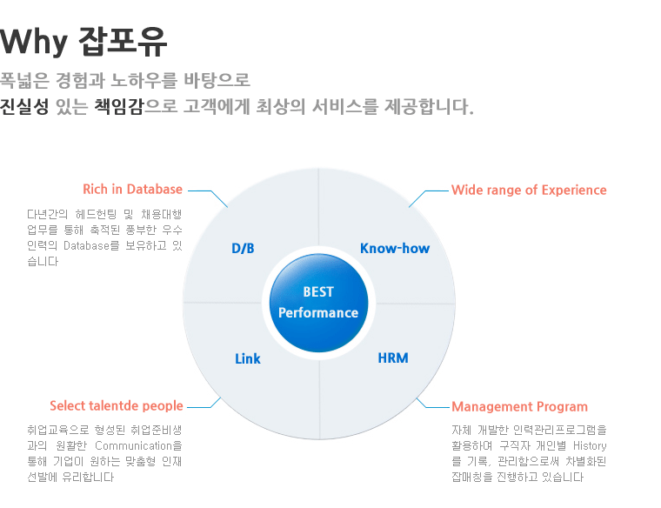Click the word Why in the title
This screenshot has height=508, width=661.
[x=34, y=42]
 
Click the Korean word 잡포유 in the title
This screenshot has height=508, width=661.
[x=124, y=41]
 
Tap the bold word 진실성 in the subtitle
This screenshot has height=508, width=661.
[x=24, y=106]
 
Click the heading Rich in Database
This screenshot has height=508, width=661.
[x=132, y=190]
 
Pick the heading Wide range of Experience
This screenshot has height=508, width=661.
[x=529, y=190]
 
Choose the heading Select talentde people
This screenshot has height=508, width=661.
[x=117, y=406]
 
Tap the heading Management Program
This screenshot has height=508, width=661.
[x=519, y=407]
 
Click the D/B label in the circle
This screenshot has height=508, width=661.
[x=243, y=248]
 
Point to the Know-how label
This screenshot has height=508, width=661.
[x=395, y=248]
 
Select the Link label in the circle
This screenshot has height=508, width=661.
[x=248, y=358]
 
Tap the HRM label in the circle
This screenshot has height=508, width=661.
[x=393, y=358]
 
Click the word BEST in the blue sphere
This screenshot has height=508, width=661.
[x=318, y=291]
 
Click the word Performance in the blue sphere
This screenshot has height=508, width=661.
[x=318, y=313]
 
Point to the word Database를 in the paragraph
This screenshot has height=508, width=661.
[x=91, y=246]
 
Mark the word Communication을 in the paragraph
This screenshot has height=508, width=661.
[x=138, y=445]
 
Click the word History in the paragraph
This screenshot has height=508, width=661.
[x=590, y=445]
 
